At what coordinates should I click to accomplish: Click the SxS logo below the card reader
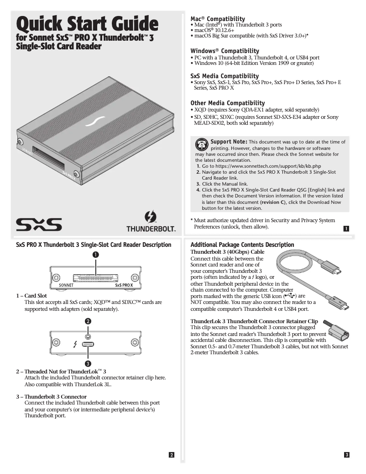click(39, 224)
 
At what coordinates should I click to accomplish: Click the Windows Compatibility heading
click(225, 51)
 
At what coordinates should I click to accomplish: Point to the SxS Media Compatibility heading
click(224, 76)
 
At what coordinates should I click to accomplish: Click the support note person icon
click(201, 144)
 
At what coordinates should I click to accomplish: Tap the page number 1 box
click(346, 229)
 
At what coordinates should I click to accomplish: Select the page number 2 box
click(171, 454)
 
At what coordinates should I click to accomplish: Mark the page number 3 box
click(346, 454)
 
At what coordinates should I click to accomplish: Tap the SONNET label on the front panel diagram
click(66, 285)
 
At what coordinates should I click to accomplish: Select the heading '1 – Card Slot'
click(31, 296)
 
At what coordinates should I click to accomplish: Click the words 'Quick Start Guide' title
click(87, 24)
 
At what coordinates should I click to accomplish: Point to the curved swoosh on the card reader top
click(97, 122)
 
